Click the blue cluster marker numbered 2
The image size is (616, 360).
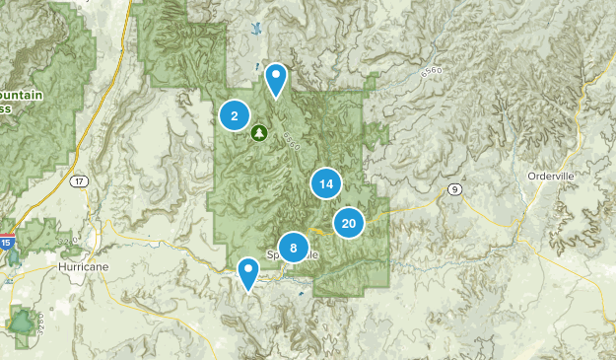coord(234,116)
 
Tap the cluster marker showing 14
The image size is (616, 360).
coord(325,183)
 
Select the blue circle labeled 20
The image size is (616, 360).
coord(349,224)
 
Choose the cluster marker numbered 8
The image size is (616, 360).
coord(294,248)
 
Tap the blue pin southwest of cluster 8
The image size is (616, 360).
coord(248,272)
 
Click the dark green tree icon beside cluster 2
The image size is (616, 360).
coord(259,131)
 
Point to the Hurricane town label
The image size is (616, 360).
coord(83,266)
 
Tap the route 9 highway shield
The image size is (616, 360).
coord(453,188)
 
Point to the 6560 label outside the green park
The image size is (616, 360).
coord(430,72)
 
